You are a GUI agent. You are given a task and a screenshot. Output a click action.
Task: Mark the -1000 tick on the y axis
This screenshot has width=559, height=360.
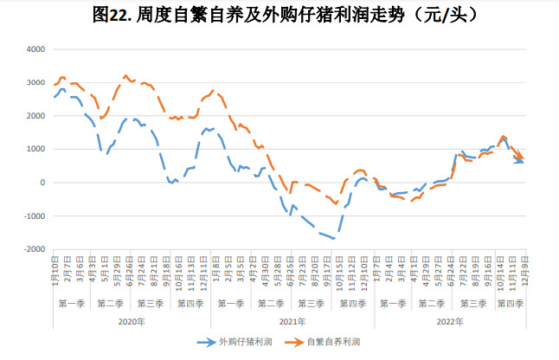tap(31, 215)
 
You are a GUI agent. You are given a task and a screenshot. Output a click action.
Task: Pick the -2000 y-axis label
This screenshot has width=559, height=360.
tap(31, 249)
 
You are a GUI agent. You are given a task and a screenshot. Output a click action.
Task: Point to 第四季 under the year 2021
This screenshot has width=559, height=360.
tap(353, 304)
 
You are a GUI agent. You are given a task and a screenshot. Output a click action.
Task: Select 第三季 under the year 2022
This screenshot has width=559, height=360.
tap(472, 304)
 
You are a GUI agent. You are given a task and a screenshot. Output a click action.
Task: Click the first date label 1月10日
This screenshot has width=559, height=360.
tap(55, 271)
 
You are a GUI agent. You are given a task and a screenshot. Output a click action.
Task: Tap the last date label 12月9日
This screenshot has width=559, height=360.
tap(524, 271)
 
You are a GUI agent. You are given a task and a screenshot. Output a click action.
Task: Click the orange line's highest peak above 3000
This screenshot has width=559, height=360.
tap(126, 76)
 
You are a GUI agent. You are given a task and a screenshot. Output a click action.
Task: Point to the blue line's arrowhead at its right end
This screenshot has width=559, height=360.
tap(520, 161)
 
